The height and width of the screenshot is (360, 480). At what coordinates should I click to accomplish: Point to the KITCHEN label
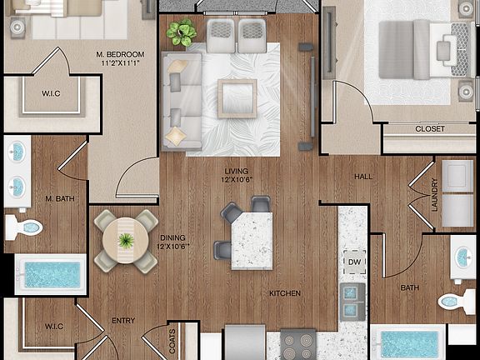click(x=285, y=293)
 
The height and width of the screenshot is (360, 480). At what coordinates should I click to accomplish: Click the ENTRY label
click(x=122, y=320)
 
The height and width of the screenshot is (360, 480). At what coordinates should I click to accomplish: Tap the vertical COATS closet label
click(x=172, y=342)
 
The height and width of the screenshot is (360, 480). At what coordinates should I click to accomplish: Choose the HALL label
click(x=363, y=177)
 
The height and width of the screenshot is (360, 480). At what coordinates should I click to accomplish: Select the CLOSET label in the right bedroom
click(x=430, y=128)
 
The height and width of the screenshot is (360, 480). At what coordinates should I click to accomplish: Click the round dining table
click(x=125, y=241)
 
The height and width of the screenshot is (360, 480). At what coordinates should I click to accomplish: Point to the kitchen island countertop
click(x=252, y=238)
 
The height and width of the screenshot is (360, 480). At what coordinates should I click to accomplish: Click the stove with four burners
click(x=297, y=343)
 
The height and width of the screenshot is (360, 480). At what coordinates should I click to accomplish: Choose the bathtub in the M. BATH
click(x=51, y=274)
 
